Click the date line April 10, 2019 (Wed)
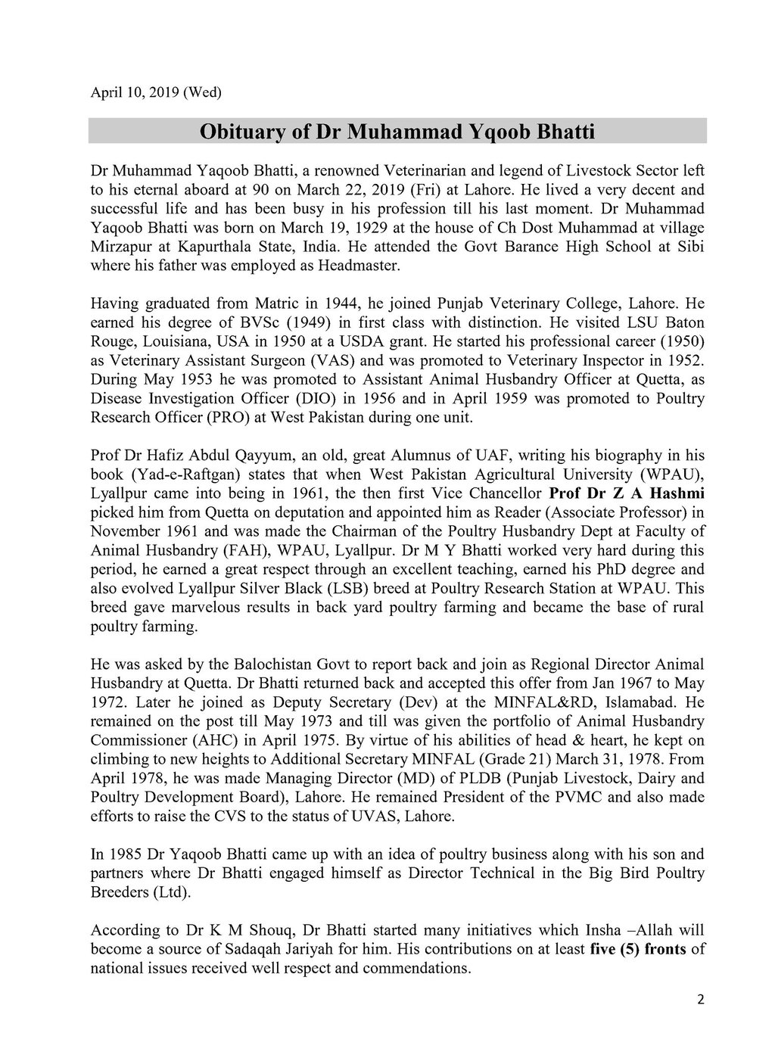point(156,93)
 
